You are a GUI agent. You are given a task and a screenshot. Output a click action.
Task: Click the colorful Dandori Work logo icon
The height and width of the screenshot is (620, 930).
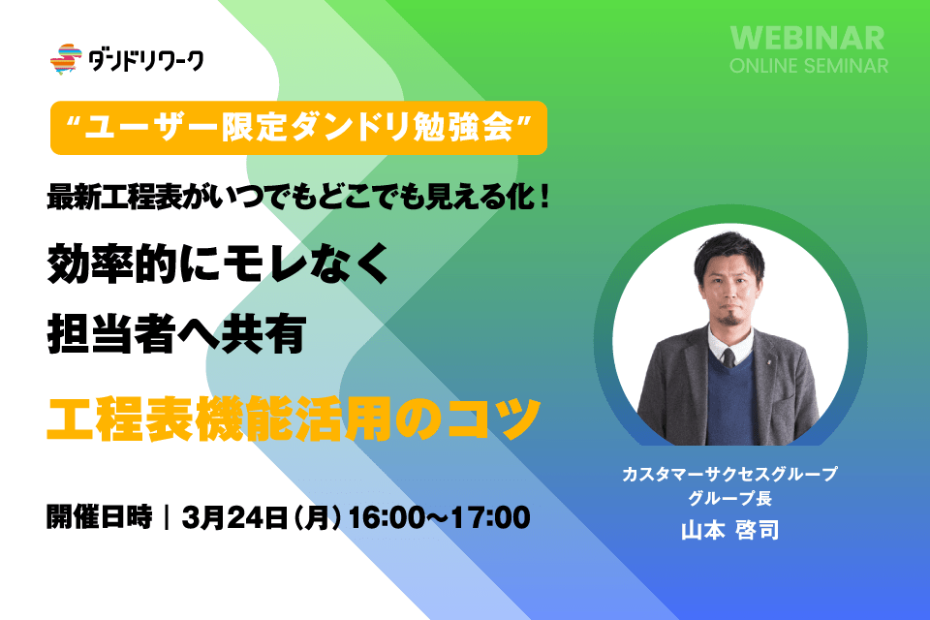(66, 59)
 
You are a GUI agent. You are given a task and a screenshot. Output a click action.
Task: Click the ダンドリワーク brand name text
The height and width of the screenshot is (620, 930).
(146, 60)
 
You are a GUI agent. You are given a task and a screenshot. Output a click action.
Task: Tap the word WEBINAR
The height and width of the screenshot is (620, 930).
(807, 38)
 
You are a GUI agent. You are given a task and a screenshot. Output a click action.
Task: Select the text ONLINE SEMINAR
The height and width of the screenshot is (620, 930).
(808, 65)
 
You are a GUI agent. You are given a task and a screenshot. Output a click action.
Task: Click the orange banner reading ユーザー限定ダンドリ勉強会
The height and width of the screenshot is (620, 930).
(299, 128)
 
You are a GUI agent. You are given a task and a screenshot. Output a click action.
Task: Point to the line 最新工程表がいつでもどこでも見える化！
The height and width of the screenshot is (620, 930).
(299, 197)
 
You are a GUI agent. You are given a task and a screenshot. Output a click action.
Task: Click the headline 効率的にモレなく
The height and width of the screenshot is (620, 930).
(218, 263)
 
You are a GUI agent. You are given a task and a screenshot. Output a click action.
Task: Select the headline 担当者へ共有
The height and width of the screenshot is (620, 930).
(176, 334)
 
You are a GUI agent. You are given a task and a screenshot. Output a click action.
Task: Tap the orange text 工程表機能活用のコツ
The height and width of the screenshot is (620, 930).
(293, 418)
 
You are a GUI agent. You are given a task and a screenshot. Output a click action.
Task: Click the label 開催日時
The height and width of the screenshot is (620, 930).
(100, 516)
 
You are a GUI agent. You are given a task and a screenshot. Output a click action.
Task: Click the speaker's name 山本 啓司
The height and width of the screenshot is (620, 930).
(729, 530)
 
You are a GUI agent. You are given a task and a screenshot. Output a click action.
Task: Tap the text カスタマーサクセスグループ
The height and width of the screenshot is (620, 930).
(729, 474)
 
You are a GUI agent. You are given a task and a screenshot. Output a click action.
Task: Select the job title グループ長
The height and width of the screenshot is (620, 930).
(729, 498)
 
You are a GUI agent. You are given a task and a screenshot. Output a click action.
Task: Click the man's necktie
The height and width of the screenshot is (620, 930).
(728, 357)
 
